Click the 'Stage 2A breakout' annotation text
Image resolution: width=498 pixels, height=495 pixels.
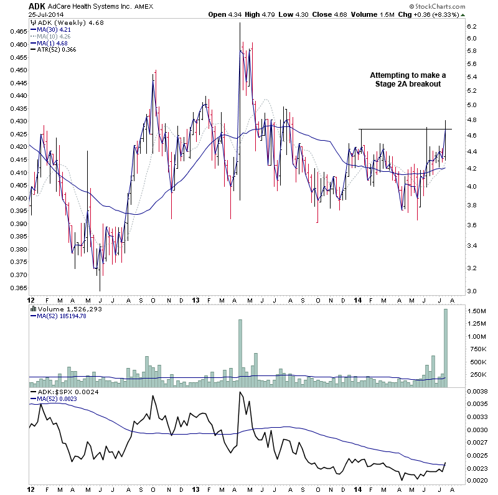[408, 84]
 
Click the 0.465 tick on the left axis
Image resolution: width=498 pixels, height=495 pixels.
[19, 31]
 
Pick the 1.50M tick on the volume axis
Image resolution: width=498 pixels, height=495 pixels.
[477, 311]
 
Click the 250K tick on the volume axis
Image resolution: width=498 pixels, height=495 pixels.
[477, 374]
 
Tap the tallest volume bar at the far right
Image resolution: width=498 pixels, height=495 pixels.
[446, 349]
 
